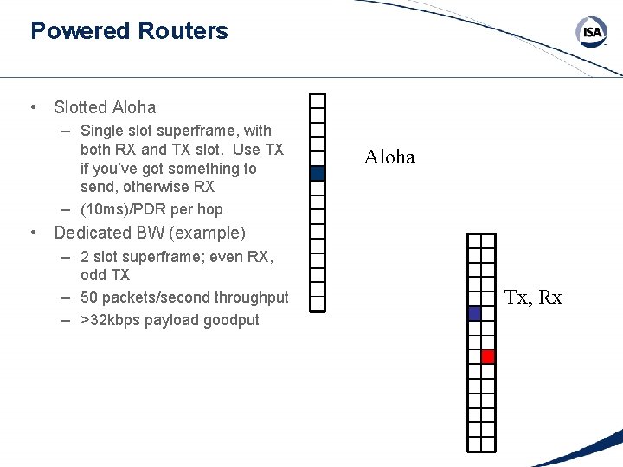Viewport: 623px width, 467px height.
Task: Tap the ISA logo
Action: click(x=591, y=33)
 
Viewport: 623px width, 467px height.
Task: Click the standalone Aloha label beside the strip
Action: click(x=389, y=157)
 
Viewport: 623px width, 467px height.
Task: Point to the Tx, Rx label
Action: click(x=533, y=297)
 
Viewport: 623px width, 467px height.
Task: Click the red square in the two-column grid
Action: click(x=487, y=356)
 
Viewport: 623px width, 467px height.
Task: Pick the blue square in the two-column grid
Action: click(x=474, y=314)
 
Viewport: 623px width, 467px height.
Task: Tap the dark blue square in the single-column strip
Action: click(x=318, y=173)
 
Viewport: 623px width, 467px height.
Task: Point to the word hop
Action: click(x=209, y=209)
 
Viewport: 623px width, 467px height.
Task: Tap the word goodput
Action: click(x=231, y=320)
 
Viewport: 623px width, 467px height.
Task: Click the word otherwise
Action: click(x=160, y=187)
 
